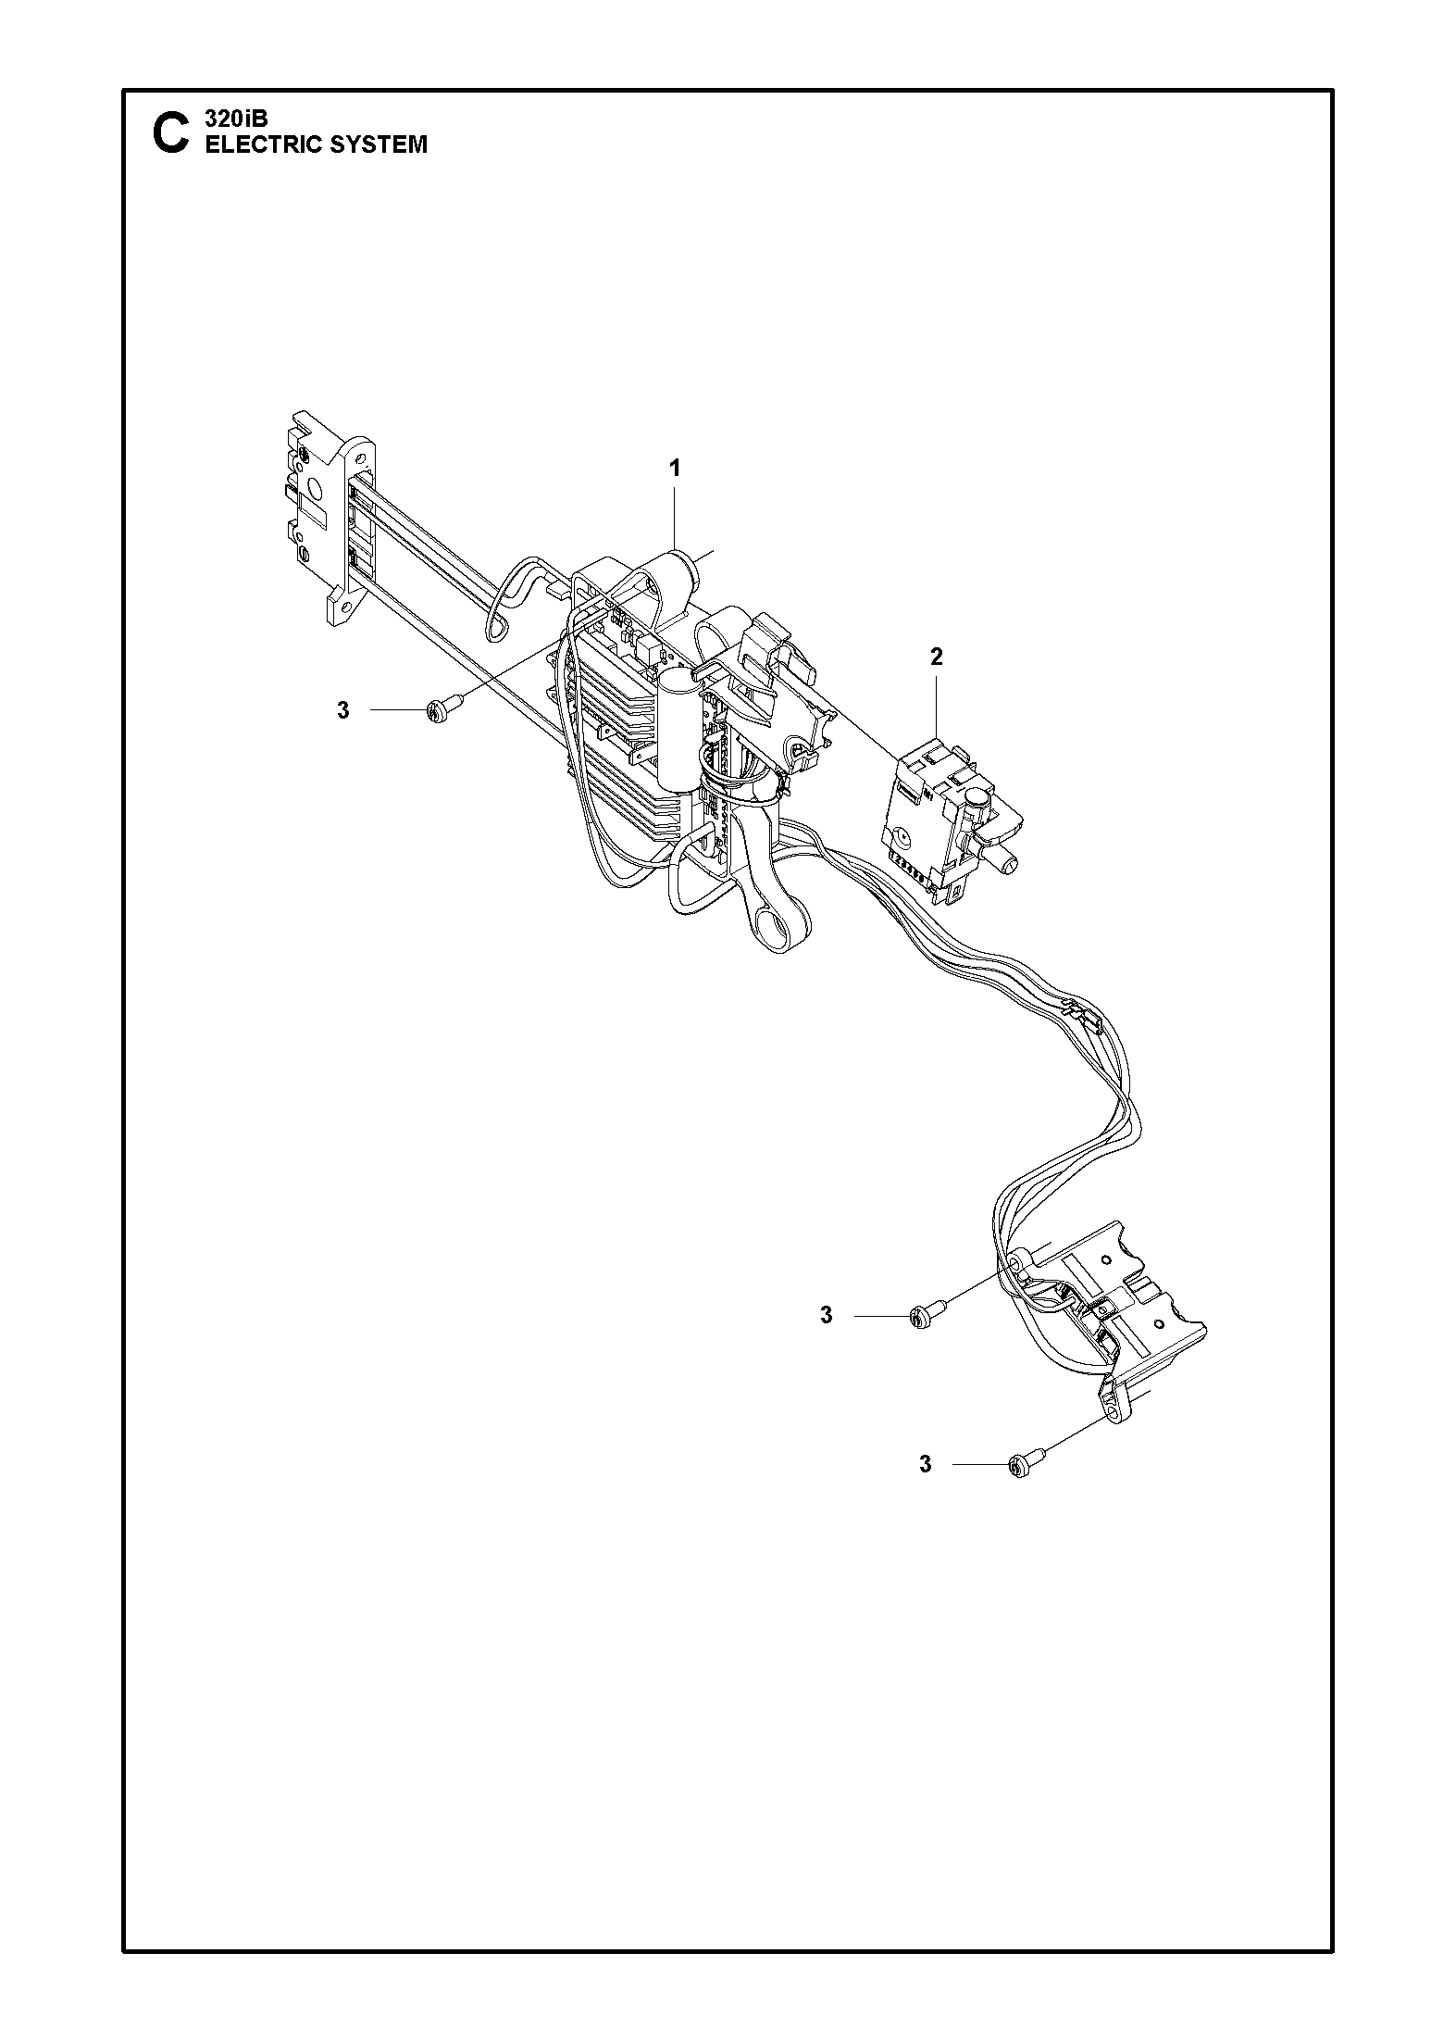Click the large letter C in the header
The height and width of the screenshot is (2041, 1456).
point(169,134)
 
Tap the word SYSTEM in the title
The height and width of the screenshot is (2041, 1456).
point(380,144)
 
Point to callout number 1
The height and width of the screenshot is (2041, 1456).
point(675,469)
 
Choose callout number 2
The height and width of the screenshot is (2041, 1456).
point(937,657)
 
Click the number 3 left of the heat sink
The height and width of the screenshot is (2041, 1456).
point(342,711)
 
